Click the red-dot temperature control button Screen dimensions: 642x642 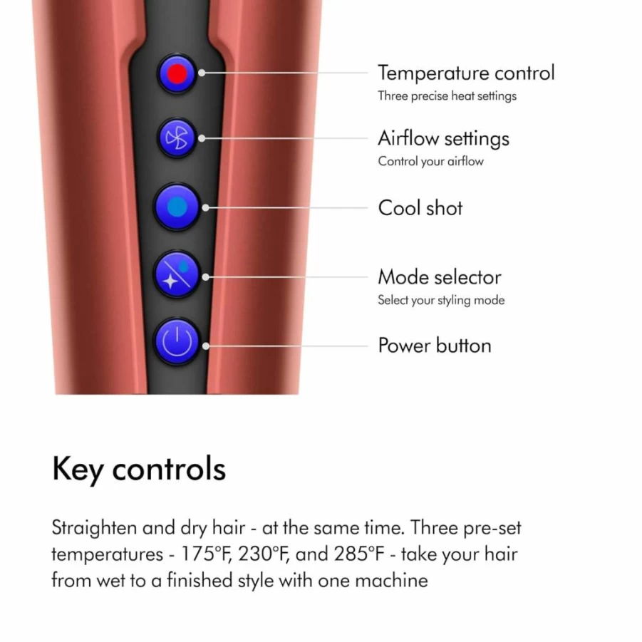point(177,73)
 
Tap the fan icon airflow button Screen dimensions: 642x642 point(177,138)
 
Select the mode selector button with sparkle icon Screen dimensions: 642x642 point(177,274)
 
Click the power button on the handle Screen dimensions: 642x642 point(177,341)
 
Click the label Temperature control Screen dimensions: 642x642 point(466,73)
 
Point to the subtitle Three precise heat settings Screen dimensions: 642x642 point(447,95)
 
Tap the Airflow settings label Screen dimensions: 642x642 point(443,138)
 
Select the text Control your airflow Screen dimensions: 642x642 point(430,161)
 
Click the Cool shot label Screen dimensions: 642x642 point(420,207)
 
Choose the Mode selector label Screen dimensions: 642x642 point(440,277)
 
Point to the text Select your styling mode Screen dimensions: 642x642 point(441,300)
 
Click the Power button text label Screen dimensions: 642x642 point(435,346)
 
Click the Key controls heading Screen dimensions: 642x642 point(139,469)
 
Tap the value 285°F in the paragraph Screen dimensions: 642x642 point(360,554)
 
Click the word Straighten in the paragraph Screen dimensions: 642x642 point(94,528)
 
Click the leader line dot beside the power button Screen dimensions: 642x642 point(206,346)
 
